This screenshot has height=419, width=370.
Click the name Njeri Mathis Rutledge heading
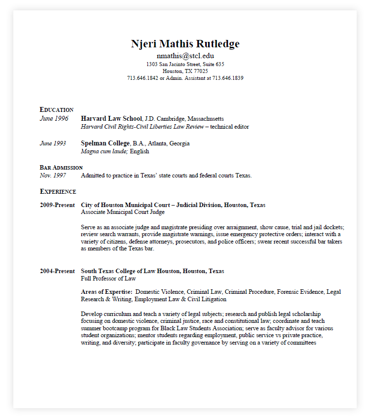pyautogui.click(x=185, y=44)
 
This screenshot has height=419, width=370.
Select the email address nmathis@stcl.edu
pyautogui.click(x=185, y=56)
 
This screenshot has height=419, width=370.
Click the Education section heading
pyautogui.click(x=57, y=109)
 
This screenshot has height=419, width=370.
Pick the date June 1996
pyautogui.click(x=54, y=119)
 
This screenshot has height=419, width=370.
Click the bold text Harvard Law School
pyautogui.click(x=111, y=119)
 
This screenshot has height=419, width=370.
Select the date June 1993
pyautogui.click(x=53, y=143)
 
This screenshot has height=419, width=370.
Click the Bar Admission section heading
pyautogui.click(x=61, y=168)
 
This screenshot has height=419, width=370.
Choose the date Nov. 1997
pyautogui.click(x=53, y=175)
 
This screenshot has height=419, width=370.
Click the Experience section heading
pyautogui.click(x=58, y=191)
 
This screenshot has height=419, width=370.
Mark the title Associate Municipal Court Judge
pyautogui.click(x=123, y=212)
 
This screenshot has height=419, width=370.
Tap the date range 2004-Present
pyautogui.click(x=57, y=271)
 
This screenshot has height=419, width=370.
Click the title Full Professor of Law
pyautogui.click(x=109, y=279)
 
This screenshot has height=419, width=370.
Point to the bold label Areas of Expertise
pyautogui.click(x=107, y=292)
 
